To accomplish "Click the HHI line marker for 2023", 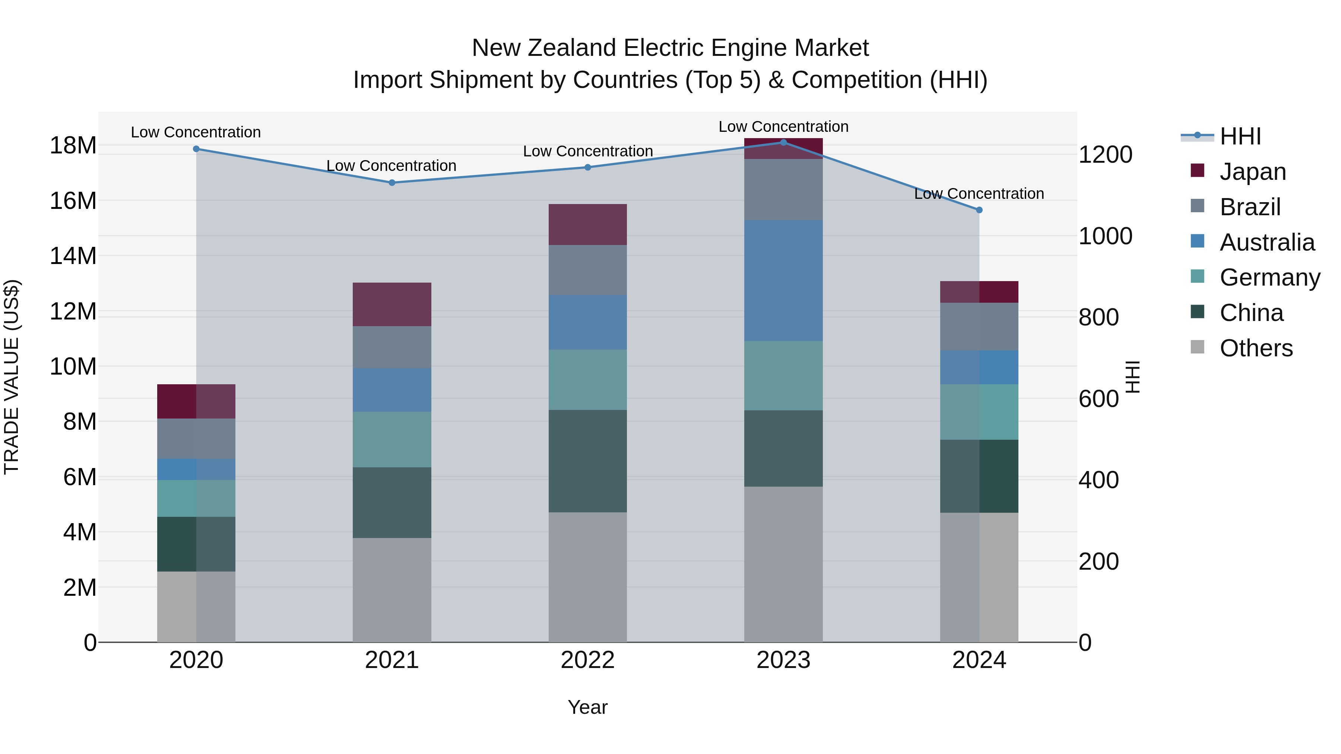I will pos(783,143).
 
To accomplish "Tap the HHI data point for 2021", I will pos(392,183).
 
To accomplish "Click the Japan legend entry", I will pos(1252,172).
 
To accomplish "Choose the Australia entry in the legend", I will pos(1266,242).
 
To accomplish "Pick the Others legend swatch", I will pos(1197,347).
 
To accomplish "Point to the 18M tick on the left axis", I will pos(73,145).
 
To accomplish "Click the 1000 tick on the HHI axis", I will pos(1105,236).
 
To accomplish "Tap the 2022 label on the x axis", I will pos(588,660).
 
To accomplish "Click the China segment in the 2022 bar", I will pos(588,461).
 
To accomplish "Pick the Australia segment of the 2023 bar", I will pos(783,280).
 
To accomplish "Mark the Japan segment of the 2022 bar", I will pos(588,224).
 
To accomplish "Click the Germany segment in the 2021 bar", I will pos(392,439).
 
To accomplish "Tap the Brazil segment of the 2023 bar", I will pos(783,190).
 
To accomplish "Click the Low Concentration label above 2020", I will pos(196,132).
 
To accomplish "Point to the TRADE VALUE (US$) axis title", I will pos(12,377).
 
